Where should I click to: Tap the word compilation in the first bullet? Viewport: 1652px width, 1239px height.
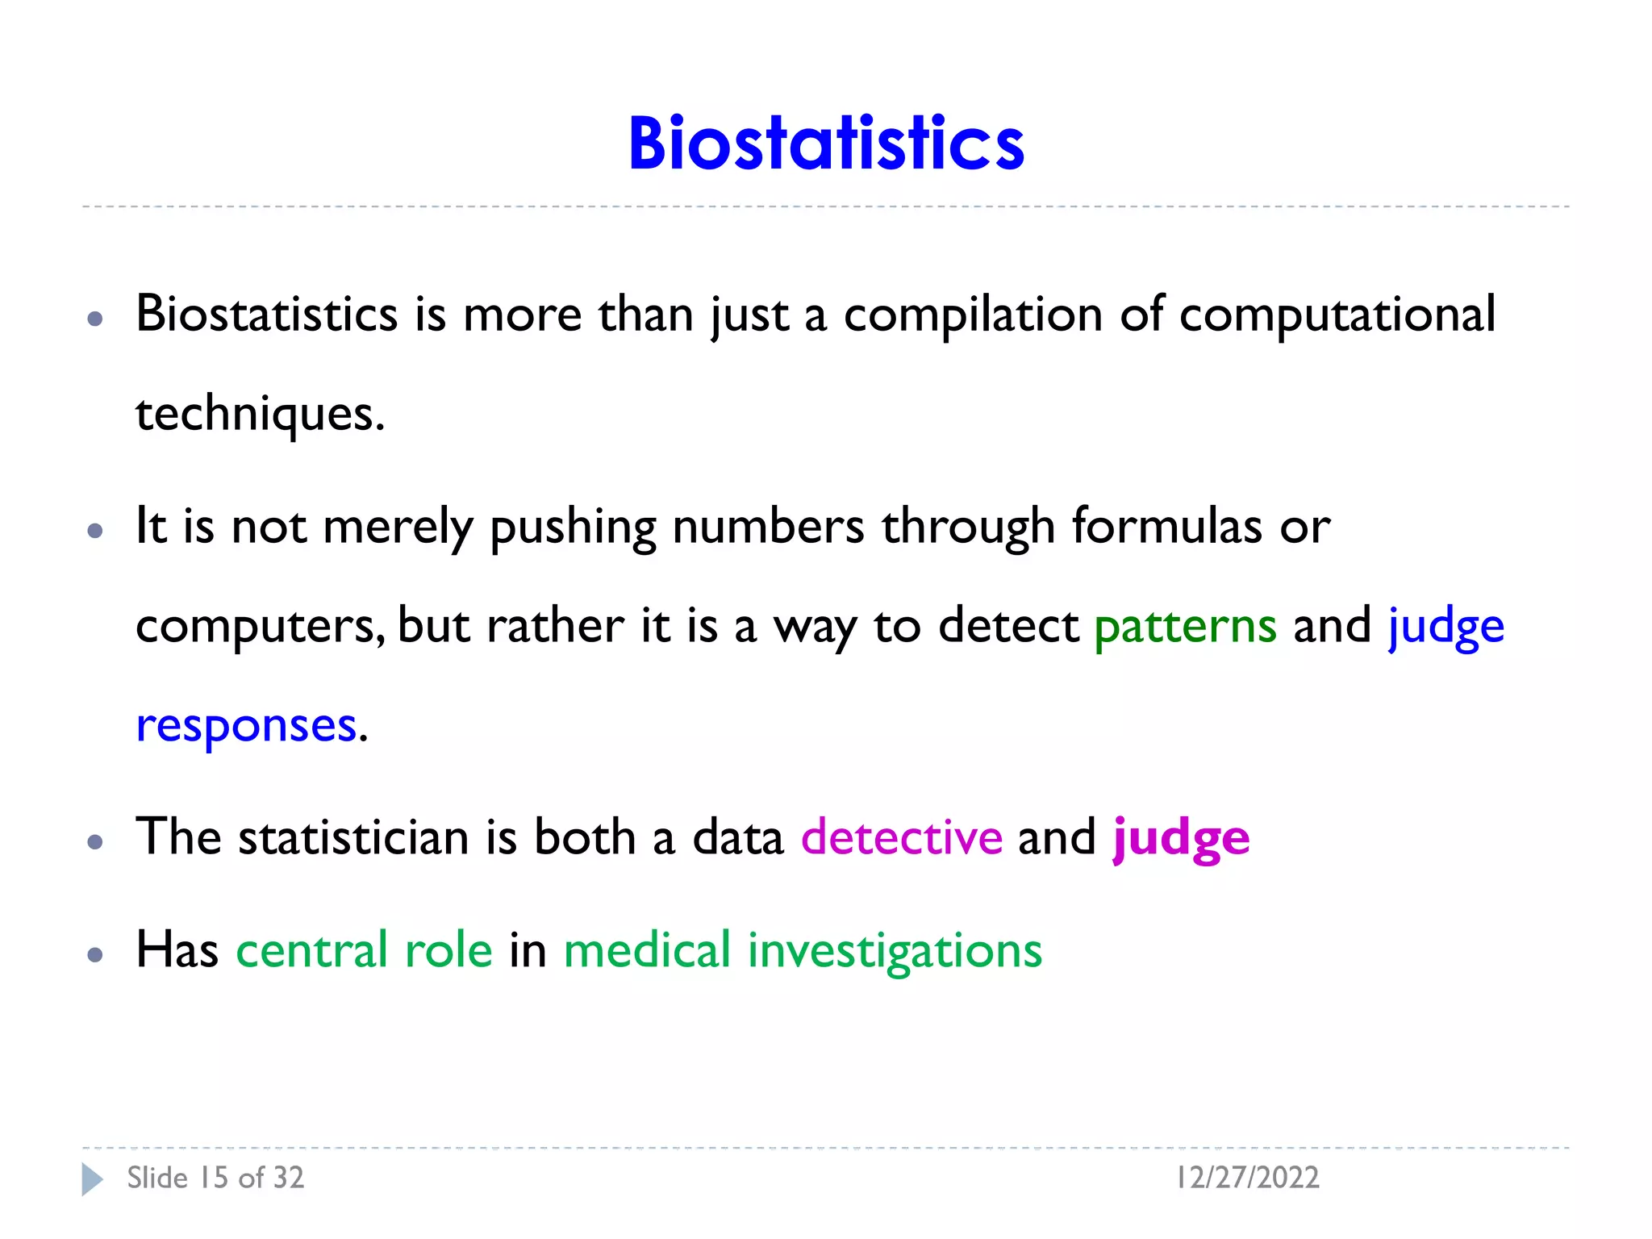click(x=973, y=315)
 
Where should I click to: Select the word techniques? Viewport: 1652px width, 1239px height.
click(x=260, y=415)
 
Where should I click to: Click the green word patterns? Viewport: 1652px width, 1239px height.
click(x=1185, y=627)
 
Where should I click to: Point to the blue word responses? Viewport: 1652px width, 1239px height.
click(x=246, y=726)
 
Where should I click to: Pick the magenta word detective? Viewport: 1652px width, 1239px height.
click(x=901, y=837)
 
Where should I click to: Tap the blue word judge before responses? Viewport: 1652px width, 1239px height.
click(x=1445, y=627)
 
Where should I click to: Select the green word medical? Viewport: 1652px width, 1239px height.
click(x=647, y=950)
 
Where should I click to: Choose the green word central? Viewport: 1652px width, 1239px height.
click(x=311, y=950)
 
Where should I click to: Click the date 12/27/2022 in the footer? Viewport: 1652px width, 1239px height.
click(x=1247, y=1178)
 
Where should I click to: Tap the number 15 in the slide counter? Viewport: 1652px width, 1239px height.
click(x=214, y=1178)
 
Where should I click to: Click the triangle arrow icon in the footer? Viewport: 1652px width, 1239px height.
click(x=92, y=1179)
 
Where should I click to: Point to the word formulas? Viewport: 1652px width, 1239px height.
click(x=1166, y=527)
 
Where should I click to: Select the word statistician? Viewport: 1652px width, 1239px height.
click(x=353, y=837)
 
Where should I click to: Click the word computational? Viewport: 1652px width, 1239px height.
click(x=1337, y=315)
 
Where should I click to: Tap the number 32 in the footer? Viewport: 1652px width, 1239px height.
click(x=288, y=1178)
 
